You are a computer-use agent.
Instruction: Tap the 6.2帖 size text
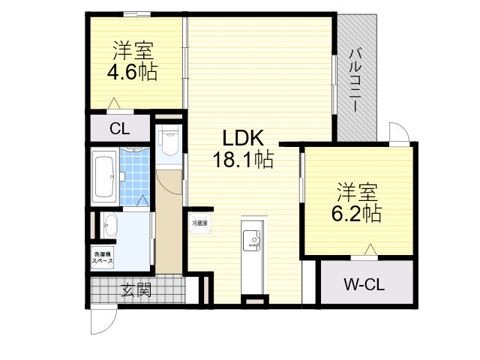pyautogui.click(x=356, y=213)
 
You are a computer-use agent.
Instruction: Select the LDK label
pyautogui.click(x=242, y=139)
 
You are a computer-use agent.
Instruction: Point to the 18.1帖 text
pyautogui.click(x=242, y=160)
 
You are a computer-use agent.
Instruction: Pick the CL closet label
pyautogui.click(x=120, y=128)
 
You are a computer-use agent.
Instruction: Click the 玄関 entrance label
pyautogui.click(x=136, y=289)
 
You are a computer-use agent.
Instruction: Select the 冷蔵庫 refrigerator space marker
pyautogui.click(x=199, y=223)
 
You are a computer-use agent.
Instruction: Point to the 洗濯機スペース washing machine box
pyautogui.click(x=103, y=259)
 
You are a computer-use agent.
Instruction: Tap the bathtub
pyautogui.click(x=103, y=175)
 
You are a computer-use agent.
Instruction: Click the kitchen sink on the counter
pyautogui.click(x=250, y=241)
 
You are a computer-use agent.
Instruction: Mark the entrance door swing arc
pyautogui.click(x=103, y=322)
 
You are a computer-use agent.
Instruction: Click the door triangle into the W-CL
pyautogui.click(x=369, y=250)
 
